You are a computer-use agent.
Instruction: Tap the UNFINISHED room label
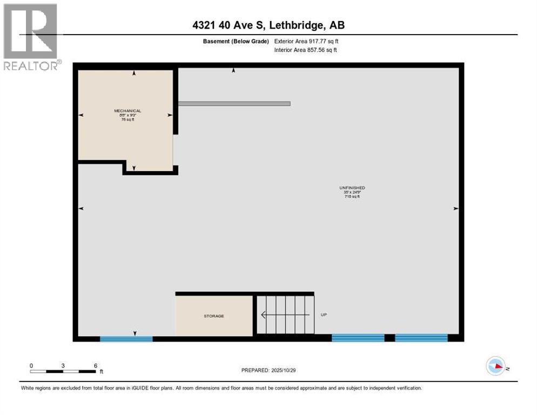352,188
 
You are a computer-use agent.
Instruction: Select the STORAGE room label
214,316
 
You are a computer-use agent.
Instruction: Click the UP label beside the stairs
324,314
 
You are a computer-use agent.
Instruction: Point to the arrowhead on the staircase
264,315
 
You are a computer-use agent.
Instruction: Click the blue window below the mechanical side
126,339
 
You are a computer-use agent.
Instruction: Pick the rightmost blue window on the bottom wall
421,338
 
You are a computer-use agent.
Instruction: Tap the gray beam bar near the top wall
234,103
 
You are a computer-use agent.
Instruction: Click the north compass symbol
496,367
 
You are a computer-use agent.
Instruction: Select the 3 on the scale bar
63,365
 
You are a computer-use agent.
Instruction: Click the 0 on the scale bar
31,365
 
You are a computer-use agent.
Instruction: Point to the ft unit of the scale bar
101,372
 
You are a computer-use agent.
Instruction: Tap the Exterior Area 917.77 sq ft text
306,41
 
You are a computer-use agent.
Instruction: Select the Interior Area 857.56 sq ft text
306,50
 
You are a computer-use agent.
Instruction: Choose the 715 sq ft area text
352,197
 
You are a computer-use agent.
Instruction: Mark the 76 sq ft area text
127,119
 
